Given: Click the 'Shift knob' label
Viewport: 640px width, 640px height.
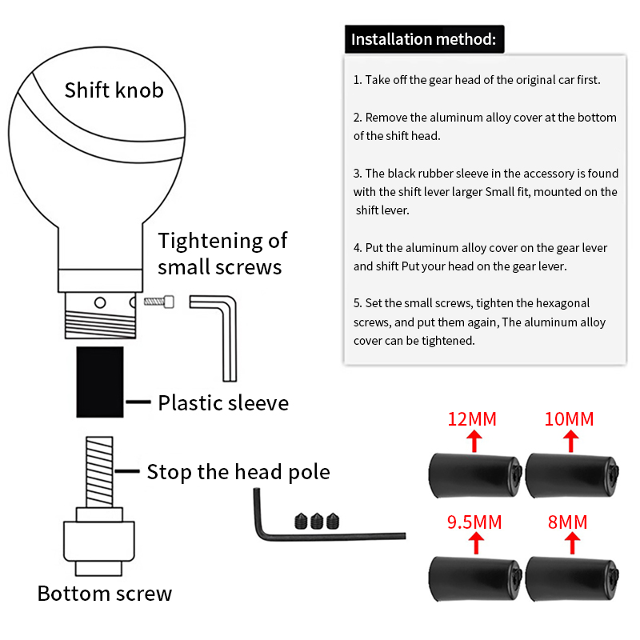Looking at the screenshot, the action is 114,90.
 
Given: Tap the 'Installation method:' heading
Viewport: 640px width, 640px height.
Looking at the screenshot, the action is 424,39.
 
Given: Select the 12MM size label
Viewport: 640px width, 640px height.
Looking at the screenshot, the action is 472,419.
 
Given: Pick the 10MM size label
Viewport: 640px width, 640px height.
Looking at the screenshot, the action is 569,419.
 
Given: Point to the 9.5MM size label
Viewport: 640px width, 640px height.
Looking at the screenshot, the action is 474,522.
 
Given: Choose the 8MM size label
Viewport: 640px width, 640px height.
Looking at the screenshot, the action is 567,522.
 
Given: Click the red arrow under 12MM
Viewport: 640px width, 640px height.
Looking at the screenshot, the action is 474,442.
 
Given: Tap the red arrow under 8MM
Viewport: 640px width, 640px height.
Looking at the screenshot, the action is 572,544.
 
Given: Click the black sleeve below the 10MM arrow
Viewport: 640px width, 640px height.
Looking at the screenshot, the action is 572,475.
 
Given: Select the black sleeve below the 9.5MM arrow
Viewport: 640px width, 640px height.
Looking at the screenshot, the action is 475,578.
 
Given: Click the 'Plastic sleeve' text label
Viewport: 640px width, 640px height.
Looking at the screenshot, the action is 223,403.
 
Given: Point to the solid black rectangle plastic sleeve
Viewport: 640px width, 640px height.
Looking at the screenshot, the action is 100,382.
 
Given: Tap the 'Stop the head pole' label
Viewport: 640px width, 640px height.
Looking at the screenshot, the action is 238,472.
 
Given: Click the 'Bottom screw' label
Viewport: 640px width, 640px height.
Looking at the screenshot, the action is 105,594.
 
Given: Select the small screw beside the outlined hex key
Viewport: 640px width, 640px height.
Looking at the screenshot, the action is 159,302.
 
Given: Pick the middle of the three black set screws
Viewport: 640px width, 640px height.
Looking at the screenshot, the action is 317,522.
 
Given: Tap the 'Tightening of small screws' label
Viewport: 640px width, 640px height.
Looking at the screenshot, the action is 222,254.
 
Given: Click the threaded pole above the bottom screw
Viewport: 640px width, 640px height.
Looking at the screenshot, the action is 99,472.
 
